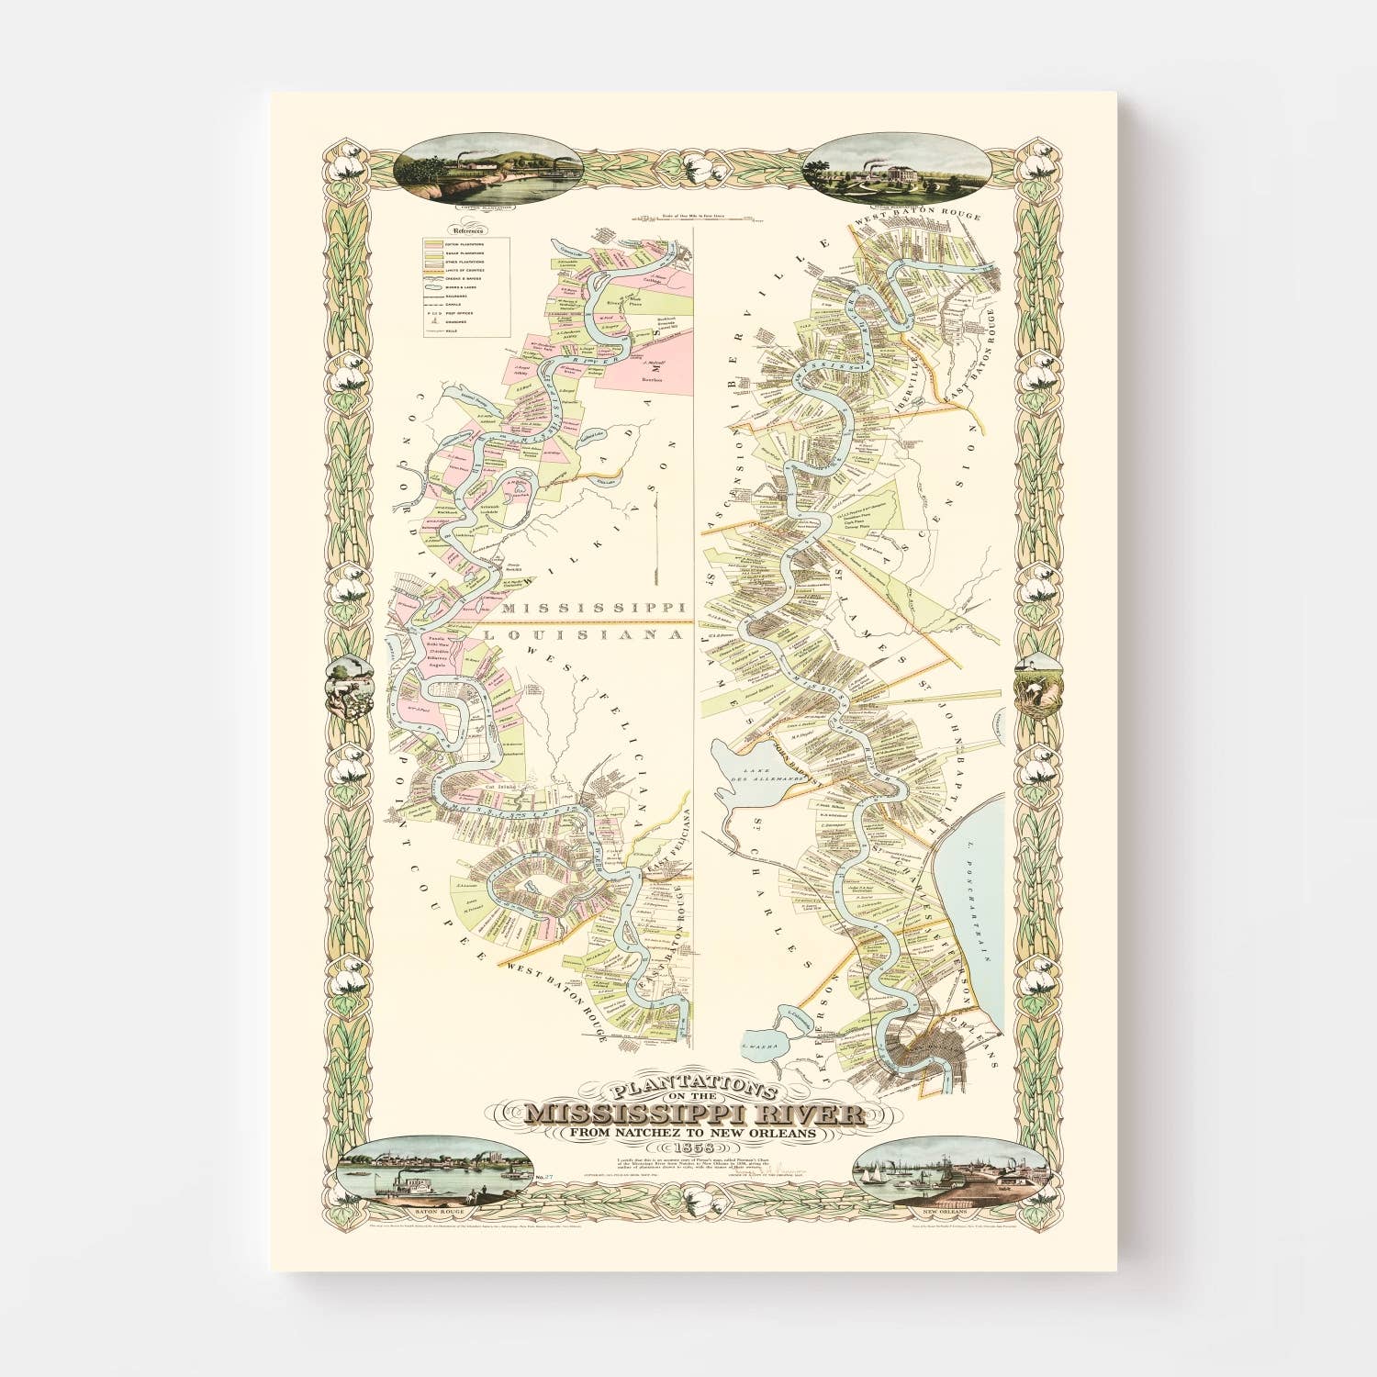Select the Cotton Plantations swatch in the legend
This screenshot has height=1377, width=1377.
(x=433, y=242)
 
